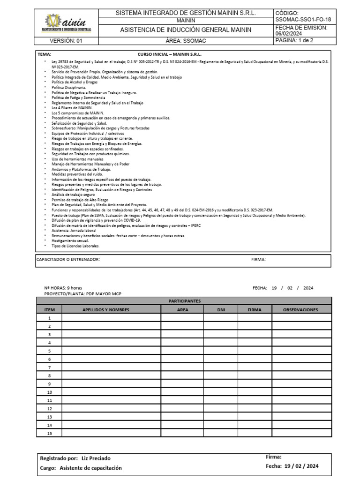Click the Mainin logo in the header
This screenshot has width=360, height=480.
[68, 23]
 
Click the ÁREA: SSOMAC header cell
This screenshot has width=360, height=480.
[186, 41]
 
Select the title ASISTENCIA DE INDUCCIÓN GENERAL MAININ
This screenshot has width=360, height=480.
[186, 30]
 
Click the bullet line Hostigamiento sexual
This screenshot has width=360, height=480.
[70, 240]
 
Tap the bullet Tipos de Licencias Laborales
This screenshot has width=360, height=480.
[75, 246]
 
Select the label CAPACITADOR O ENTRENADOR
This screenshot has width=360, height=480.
[68, 259]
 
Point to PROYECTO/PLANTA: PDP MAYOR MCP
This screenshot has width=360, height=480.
[76, 293]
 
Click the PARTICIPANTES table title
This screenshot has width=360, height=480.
[184, 301]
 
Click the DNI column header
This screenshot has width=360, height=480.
[220, 309]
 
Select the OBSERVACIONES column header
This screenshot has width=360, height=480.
[301, 309]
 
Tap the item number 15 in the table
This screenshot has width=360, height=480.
[49, 433]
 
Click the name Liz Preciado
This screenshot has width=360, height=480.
[96, 458]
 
